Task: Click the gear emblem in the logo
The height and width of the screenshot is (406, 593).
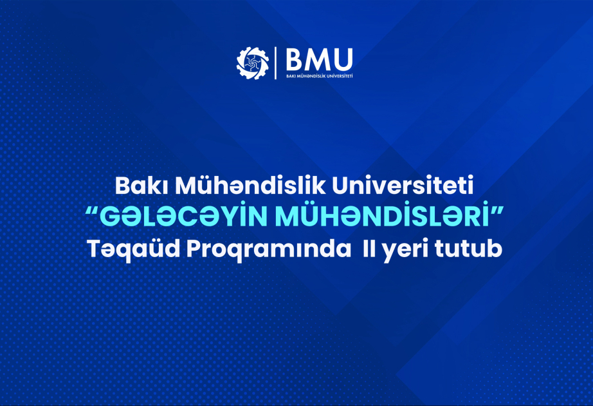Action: pos(252,63)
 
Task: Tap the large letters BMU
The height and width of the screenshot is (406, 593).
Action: pos(320,59)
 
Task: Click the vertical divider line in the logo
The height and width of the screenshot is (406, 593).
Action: pos(276,63)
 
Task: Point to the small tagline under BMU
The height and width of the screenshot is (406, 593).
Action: pos(320,76)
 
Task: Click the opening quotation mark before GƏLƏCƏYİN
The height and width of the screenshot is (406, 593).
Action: pos(92,211)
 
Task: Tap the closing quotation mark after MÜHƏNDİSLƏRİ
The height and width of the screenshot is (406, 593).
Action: pos(498,211)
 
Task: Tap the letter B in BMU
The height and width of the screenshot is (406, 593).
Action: pos(296,59)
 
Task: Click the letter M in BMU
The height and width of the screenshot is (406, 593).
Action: pos(320,59)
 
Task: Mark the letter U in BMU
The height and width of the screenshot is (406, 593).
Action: pos(344,59)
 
